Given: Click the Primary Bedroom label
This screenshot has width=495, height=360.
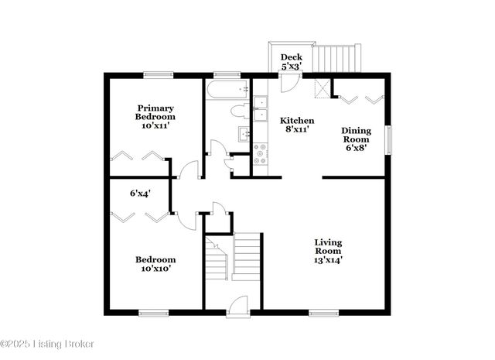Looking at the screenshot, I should click(x=155, y=116).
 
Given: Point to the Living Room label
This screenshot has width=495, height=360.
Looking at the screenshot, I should click(x=329, y=252).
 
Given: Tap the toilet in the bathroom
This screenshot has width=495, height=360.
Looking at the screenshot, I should click(x=241, y=111).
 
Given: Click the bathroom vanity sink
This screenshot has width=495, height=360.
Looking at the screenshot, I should click(x=244, y=135).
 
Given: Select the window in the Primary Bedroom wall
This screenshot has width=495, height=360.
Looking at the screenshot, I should click(x=157, y=74).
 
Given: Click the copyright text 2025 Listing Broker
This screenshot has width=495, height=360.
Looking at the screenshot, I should click(x=46, y=341).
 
